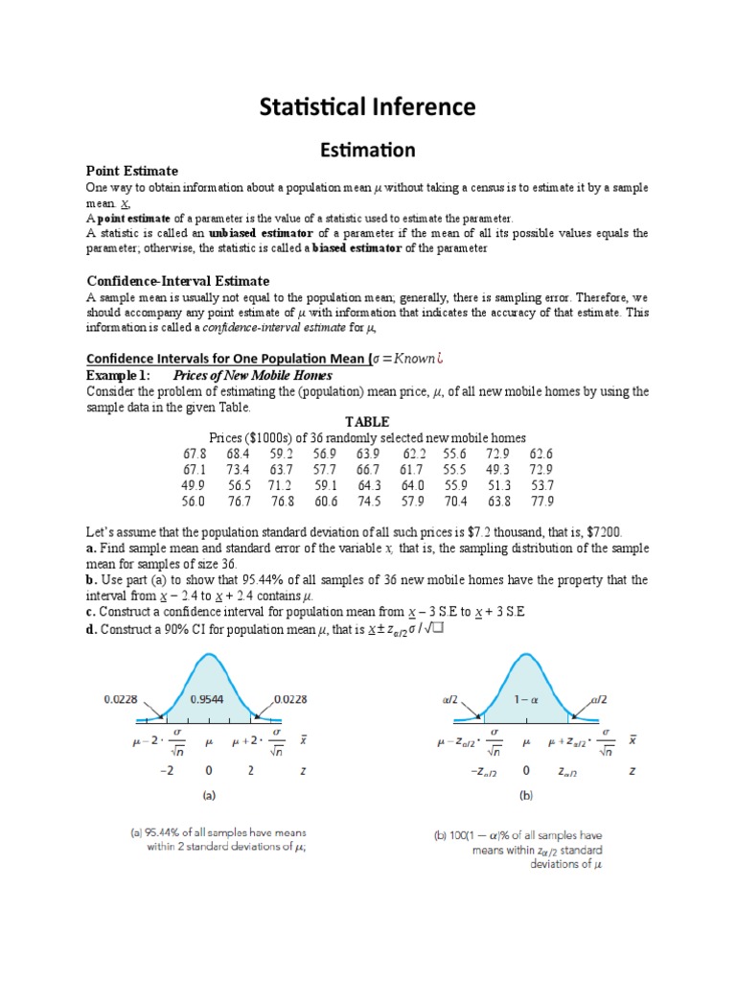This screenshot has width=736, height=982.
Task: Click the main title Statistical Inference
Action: pos(367,106)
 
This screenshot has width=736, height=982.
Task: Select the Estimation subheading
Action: pos(367,150)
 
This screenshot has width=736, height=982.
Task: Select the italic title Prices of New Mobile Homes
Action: pos(272,376)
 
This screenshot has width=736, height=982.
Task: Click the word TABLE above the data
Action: pos(367,422)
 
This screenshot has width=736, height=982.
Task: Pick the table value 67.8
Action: pos(194,454)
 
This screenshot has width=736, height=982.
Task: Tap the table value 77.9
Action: pos(541,501)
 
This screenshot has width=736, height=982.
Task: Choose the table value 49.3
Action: pos(497,470)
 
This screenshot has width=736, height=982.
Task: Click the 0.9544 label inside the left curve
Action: pos(206,699)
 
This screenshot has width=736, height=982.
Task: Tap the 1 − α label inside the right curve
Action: pos(525,699)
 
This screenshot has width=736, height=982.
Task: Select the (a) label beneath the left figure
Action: pos(207,796)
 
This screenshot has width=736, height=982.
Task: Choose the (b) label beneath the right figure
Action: pos(525,796)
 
